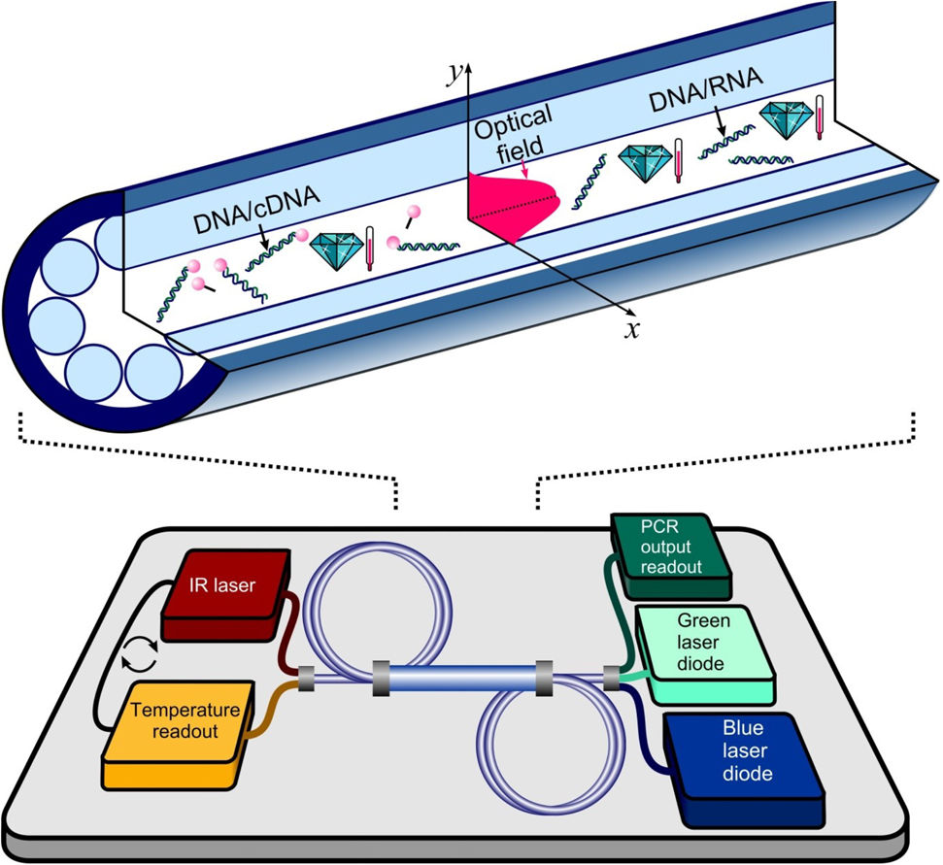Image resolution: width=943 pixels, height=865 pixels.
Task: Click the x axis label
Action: pos(630,329)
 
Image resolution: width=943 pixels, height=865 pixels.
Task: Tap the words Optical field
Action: pos(513,127)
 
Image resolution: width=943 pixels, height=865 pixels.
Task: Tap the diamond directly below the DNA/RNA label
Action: pos(787,120)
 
